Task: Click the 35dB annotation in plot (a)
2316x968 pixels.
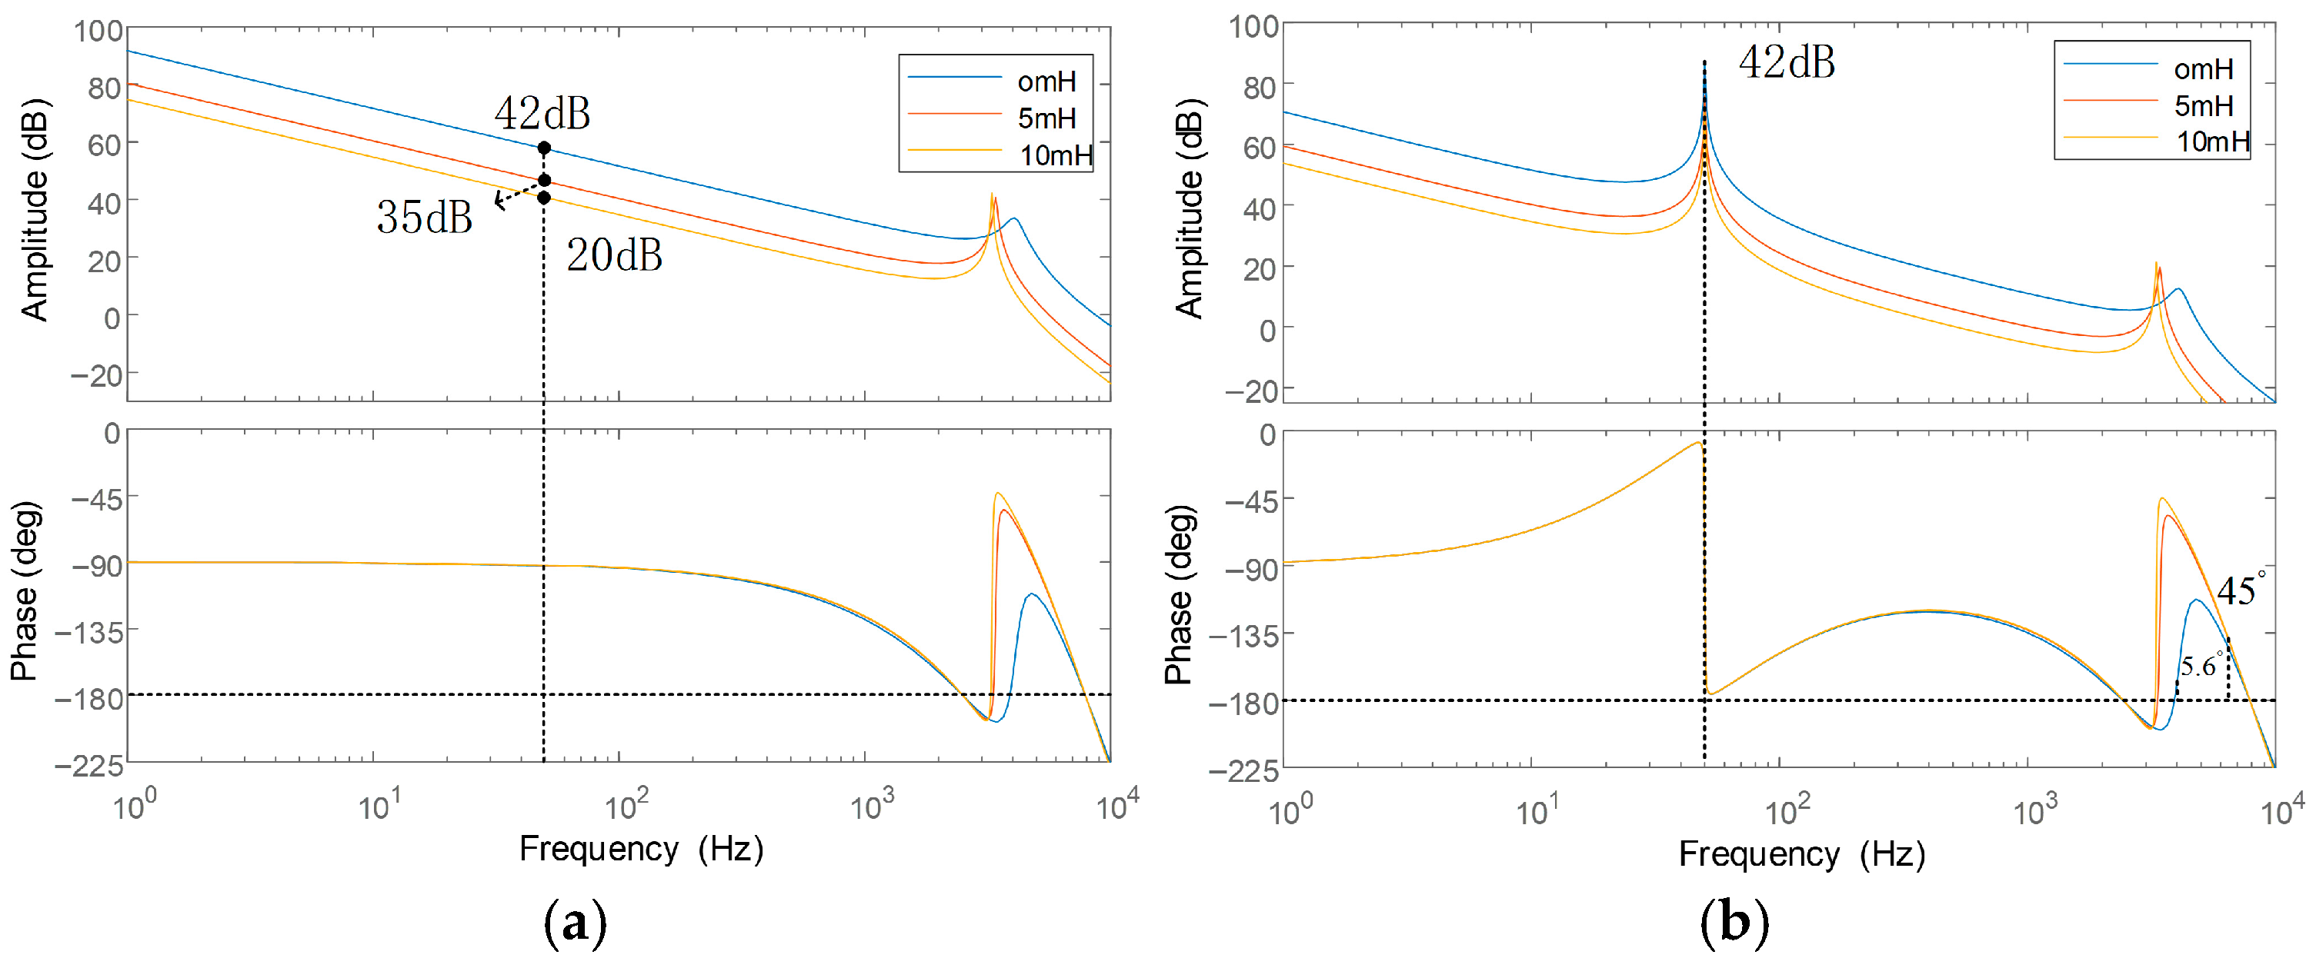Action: [425, 217]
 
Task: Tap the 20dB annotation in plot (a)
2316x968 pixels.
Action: [614, 255]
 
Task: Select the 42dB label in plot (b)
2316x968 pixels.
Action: [1787, 63]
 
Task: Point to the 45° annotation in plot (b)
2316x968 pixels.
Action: [2240, 590]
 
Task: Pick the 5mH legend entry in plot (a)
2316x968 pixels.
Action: [1046, 118]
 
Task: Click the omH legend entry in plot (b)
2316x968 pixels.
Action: [2203, 69]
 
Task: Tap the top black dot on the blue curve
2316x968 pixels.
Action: [544, 148]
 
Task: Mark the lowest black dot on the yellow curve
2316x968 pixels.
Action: [544, 197]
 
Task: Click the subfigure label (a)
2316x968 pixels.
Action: [576, 923]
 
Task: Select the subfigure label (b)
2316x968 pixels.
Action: [1734, 923]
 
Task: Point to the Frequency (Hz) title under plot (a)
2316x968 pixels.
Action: [641, 849]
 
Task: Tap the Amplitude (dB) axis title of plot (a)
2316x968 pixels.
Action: [34, 209]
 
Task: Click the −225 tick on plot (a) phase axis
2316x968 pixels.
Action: [90, 766]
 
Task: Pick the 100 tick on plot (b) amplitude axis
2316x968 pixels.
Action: [1253, 26]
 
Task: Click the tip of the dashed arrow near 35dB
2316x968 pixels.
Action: [497, 203]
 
